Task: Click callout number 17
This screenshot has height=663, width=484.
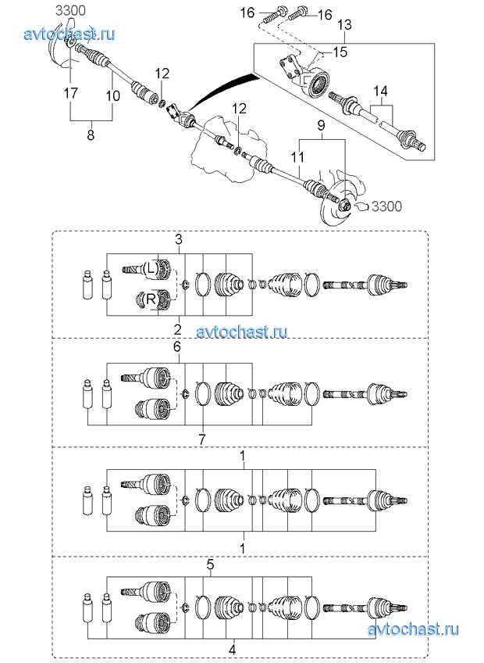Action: (70, 93)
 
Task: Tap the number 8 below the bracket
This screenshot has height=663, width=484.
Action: (91, 135)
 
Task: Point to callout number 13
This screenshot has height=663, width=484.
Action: (344, 26)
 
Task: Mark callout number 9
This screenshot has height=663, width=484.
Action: (319, 125)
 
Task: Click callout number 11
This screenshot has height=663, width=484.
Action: (297, 157)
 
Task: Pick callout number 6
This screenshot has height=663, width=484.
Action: (177, 346)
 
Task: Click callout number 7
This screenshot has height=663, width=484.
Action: (201, 439)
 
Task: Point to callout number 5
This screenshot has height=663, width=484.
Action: (210, 563)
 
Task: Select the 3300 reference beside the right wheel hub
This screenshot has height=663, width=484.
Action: (386, 206)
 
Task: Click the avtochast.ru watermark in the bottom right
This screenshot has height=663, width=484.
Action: (414, 629)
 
